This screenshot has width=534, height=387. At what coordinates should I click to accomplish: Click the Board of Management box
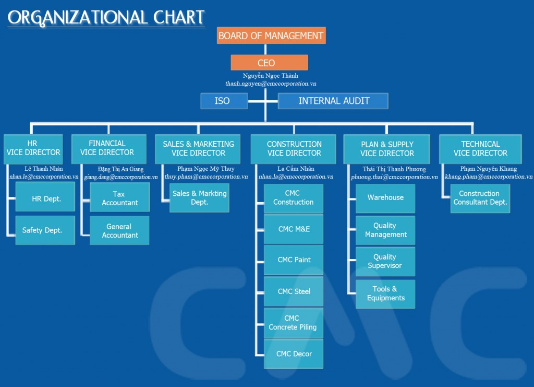pos(271,36)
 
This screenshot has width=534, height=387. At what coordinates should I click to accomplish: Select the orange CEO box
pos(269,63)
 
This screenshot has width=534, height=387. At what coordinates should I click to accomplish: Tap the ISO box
pos(224,101)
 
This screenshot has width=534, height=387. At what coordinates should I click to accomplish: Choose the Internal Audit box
pos(333,101)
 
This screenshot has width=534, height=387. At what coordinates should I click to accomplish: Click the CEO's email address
pos(271,84)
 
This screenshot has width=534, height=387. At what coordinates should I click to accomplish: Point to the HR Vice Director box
pos(33,149)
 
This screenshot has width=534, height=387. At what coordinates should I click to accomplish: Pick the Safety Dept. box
pos(45,230)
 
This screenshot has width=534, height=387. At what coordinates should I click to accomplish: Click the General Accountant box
pos(119,230)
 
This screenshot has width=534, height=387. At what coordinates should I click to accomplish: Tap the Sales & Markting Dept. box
pos(199,198)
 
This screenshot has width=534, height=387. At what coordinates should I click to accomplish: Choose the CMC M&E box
pos(294,229)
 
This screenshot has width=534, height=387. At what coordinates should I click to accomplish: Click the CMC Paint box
pos(294,260)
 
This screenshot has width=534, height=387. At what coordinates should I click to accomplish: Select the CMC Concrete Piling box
pos(294,323)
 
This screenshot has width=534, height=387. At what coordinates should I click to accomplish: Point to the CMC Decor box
pos(294,354)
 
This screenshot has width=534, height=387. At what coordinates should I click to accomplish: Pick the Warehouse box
pos(385,198)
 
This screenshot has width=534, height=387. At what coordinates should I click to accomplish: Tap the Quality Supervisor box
pos(385,262)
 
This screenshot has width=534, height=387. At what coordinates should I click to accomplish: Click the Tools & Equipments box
pos(385,294)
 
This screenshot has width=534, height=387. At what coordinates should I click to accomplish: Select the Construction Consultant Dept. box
pos(480,198)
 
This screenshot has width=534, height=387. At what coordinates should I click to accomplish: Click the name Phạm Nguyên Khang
pos(488,169)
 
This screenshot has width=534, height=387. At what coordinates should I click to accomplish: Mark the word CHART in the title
pos(179,18)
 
